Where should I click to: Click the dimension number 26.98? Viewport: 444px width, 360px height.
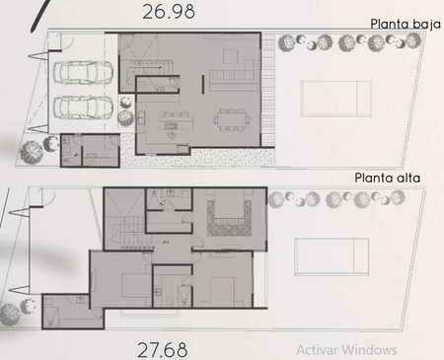pyautogui.click(x=169, y=11)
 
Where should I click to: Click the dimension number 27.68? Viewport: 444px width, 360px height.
pyautogui.click(x=163, y=350)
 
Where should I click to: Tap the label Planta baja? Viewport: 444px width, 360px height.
pyautogui.click(x=406, y=24)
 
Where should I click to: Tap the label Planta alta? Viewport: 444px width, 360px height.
pyautogui.click(x=388, y=178)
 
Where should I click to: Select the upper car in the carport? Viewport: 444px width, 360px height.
pyautogui.click(x=83, y=72)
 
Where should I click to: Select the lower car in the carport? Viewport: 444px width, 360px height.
pyautogui.click(x=83, y=108)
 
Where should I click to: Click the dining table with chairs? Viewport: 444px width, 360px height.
pyautogui.click(x=232, y=119)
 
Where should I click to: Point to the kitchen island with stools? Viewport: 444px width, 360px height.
pyautogui.click(x=176, y=121)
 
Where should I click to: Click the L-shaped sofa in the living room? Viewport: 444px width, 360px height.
pyautogui.click(x=234, y=75)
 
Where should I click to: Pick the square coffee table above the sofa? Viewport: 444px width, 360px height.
pyautogui.click(x=231, y=56)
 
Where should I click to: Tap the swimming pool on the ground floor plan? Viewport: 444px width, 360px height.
pyautogui.click(x=335, y=99)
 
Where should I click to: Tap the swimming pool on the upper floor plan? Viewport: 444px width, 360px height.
pyautogui.click(x=332, y=256)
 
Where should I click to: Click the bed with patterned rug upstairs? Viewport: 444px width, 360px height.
pyautogui.click(x=229, y=213)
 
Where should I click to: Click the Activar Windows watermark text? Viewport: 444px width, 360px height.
pyautogui.click(x=346, y=350)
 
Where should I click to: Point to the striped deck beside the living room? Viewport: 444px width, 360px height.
pyautogui.click(x=268, y=90)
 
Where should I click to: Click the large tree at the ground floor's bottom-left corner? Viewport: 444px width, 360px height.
pyautogui.click(x=32, y=152)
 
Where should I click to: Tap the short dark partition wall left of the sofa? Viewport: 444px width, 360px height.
pyautogui.click(x=203, y=84)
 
